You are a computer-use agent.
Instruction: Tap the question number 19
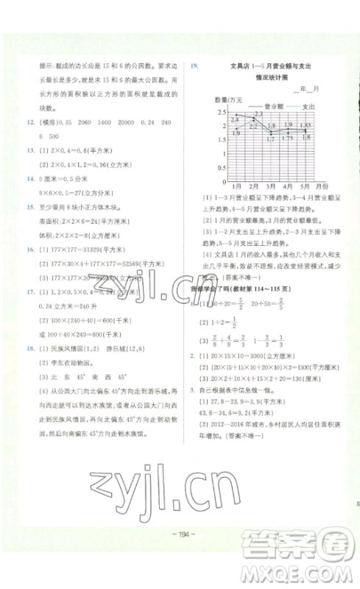click(194, 66)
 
